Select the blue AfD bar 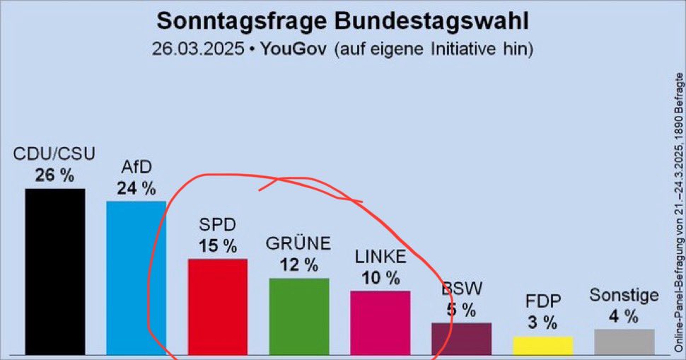point(136,277)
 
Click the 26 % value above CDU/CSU point(54,175)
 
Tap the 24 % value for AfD point(136,188)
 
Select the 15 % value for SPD point(217,246)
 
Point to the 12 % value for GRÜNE point(298,265)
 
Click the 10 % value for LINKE point(380,278)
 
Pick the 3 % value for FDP point(542,323)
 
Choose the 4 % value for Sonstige point(624,316)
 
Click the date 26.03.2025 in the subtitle point(194,50)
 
